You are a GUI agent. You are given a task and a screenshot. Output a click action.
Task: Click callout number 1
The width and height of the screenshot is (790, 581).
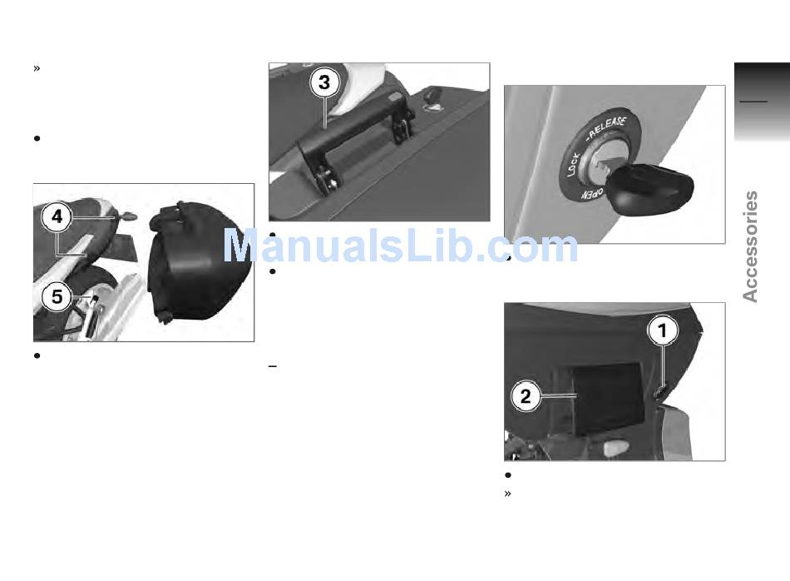pos(663,330)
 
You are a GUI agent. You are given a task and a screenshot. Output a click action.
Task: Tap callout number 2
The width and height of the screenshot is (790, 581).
pos(526,396)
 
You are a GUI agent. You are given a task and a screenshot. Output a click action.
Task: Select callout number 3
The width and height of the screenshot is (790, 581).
pos(324,82)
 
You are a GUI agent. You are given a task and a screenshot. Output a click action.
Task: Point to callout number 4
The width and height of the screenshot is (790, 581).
pos(57,217)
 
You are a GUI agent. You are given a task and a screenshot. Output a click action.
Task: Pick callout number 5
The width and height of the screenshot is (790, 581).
pos(57,296)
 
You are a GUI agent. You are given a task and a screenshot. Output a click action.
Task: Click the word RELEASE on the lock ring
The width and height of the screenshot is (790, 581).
pos(608,128)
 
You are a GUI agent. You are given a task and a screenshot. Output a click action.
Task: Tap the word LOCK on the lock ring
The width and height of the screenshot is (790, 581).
pos(574,165)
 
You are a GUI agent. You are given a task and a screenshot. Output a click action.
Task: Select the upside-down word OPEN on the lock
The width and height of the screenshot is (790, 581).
pos(592,194)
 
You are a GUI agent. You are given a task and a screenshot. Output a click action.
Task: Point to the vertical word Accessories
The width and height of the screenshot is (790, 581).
pos(750,246)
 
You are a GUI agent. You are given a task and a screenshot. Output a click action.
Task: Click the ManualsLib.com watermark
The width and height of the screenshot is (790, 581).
pos(400,246)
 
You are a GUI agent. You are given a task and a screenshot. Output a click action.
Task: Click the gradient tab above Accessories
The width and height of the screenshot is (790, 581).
pos(762,102)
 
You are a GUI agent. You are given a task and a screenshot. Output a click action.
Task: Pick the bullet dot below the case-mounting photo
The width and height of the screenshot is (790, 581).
pos(37,355)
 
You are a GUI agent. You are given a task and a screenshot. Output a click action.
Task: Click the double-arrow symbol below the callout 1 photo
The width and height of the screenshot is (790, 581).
pos(507,494)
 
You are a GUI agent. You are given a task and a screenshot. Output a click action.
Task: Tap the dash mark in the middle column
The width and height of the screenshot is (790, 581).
pos(273,365)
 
